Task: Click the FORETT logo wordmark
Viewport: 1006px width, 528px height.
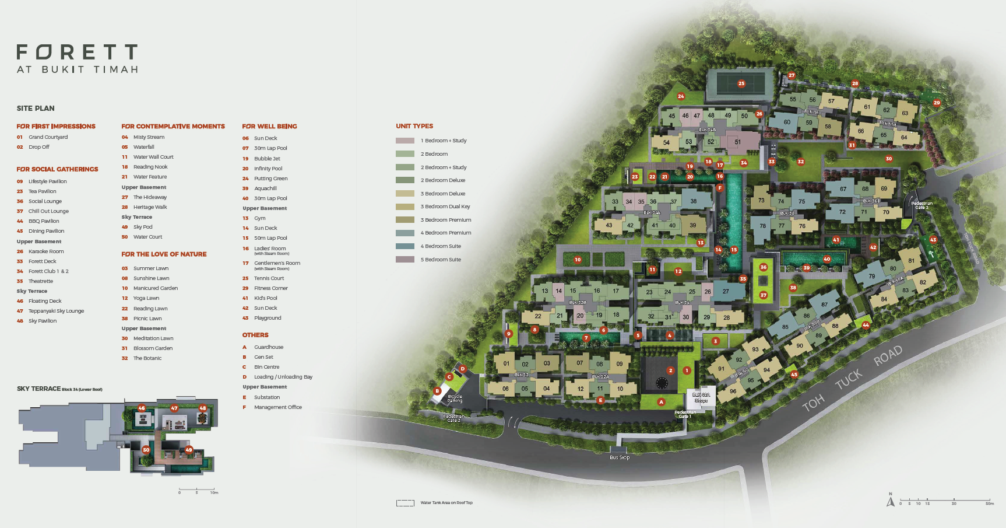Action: (x=77, y=53)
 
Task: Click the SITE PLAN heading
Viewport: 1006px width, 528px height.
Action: (x=36, y=109)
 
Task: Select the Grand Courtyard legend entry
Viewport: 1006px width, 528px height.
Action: (x=48, y=137)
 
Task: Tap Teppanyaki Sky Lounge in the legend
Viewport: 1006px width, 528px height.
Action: (x=56, y=311)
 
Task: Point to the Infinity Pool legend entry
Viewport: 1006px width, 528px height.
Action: (x=268, y=169)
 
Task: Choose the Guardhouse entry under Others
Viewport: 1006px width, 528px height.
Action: (x=269, y=347)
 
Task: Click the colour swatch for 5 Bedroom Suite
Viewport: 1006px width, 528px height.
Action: (x=405, y=260)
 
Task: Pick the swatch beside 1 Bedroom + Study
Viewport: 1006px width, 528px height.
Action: (x=405, y=141)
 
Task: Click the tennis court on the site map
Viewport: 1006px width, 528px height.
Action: (x=741, y=84)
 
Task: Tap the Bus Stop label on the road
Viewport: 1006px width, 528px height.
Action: (x=620, y=457)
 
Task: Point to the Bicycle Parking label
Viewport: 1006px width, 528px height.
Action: (x=455, y=399)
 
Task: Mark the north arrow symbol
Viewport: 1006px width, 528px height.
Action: (x=890, y=501)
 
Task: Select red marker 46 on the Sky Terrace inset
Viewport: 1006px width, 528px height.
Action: (x=142, y=408)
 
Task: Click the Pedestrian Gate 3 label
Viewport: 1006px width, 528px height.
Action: (x=921, y=205)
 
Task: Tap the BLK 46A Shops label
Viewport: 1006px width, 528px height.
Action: (x=701, y=398)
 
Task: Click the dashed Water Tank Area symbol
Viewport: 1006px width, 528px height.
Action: (x=405, y=503)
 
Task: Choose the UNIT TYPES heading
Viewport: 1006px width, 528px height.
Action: (x=414, y=126)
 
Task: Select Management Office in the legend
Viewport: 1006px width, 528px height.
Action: (x=277, y=407)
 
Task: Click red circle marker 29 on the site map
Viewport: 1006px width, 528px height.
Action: (x=937, y=103)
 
